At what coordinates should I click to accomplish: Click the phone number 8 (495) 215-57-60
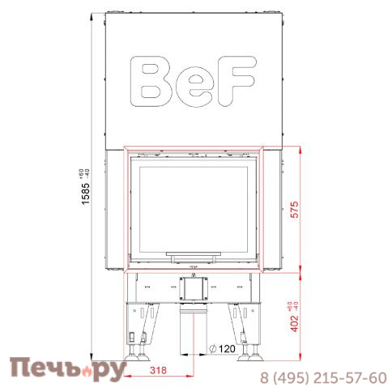click(323, 377)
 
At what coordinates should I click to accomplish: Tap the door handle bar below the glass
click(193, 254)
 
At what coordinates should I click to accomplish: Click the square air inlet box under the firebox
click(193, 287)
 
